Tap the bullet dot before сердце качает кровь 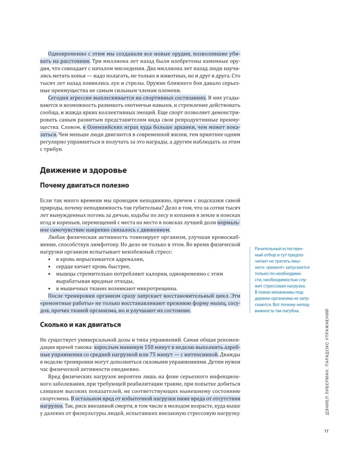(49, 266)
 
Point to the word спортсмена (55, 399)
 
